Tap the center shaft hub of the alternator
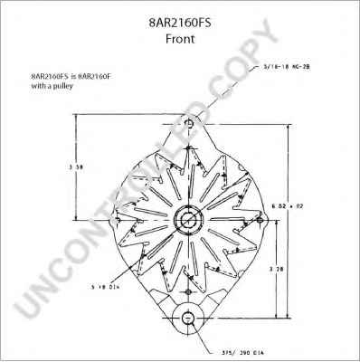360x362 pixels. point(188,220)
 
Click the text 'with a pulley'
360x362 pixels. point(52,87)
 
